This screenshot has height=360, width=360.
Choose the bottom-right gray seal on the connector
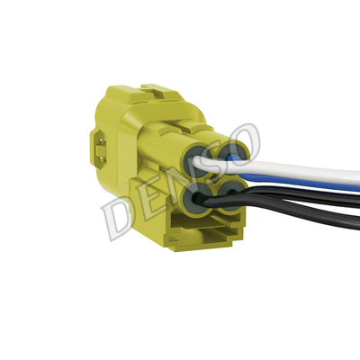233,191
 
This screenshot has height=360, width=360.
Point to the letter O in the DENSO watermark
246,142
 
